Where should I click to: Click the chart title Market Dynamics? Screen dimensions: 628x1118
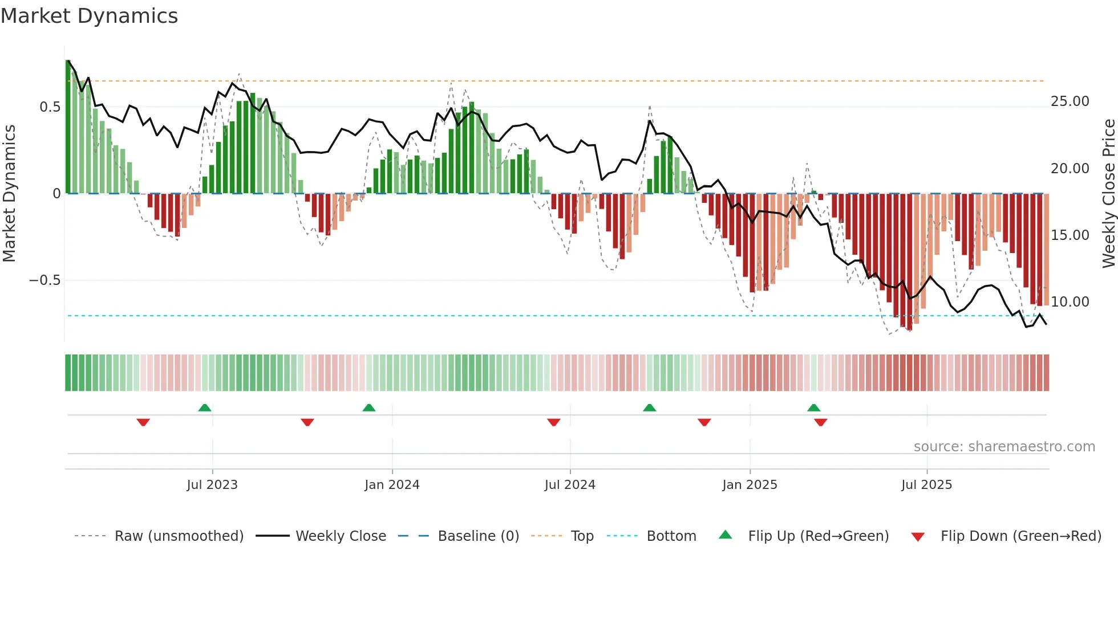pos(90,16)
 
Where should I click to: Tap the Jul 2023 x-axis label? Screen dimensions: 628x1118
pos(212,485)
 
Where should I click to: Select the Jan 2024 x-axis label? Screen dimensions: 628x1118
pos(392,485)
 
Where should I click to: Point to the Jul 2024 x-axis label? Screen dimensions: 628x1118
pos(570,485)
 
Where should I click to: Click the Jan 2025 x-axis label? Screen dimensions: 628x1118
pos(750,485)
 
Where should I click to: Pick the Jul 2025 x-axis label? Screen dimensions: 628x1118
pos(926,485)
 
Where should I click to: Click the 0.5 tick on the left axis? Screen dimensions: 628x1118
pos(50,107)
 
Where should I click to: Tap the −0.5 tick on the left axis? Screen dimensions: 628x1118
pos(44,280)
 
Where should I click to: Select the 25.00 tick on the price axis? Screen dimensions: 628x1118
pos(1070,101)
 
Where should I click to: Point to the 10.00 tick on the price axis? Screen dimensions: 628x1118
pos(1070,302)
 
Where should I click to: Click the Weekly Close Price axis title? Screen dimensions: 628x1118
pos(1108,194)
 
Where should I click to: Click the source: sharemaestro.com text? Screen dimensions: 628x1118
pos(1004,447)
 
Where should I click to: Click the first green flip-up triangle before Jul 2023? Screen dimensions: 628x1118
pos(205,407)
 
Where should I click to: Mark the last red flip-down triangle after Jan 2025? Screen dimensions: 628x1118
pos(820,422)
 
